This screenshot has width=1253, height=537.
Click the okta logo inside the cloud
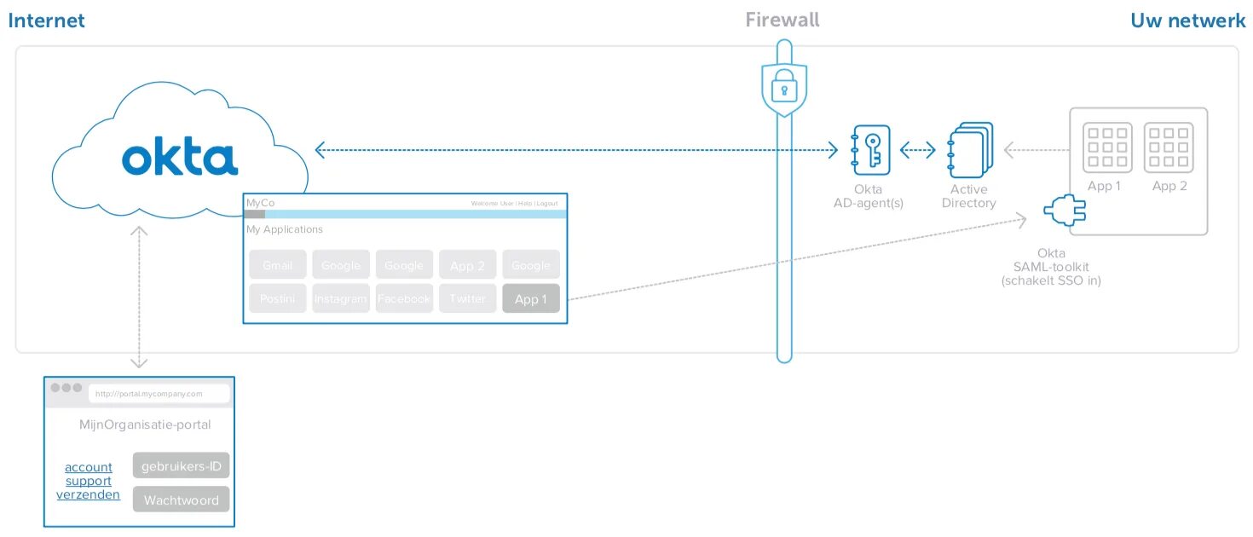pos(179,159)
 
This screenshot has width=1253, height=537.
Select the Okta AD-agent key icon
pos(870,150)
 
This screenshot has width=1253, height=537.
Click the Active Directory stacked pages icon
pos(970,150)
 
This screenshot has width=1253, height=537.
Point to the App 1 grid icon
pos(1107,147)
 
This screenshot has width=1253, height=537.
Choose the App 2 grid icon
pos(1169,147)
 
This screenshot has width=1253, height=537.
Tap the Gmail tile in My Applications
pos(277,265)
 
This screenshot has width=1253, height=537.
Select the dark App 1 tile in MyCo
pos(531,299)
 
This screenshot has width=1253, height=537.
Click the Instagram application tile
pos(341,299)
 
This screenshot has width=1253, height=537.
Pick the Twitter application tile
pos(467,299)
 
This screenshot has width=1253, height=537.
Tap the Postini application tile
pos(277,299)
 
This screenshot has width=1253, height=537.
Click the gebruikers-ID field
pos(182,466)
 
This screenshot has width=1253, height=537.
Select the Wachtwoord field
pos(182,499)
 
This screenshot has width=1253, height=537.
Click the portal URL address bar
pos(159,394)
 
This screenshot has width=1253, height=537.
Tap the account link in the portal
pos(89,467)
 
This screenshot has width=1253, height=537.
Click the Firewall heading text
pos(782,20)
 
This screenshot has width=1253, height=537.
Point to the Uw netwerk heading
pos(1187,20)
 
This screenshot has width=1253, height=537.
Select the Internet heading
pos(46,20)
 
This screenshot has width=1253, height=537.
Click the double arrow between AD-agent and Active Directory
pos(918,151)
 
